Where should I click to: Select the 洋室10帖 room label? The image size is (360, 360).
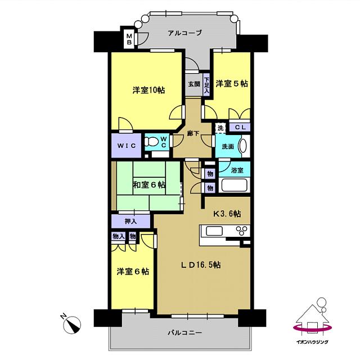(x=148, y=90)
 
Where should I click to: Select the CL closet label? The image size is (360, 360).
(x=238, y=128)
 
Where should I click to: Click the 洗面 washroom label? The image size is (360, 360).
(x=227, y=147)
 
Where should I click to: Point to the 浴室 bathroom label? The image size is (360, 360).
(x=237, y=169)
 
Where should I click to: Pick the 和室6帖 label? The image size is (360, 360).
(x=149, y=184)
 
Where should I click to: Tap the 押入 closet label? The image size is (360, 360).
(x=130, y=221)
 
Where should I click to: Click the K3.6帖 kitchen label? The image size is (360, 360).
(x=227, y=214)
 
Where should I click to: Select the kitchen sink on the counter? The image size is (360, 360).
(x=215, y=231)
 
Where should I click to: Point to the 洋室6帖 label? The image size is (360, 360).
(x=133, y=271)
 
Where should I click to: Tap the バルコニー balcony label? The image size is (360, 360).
(x=184, y=333)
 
